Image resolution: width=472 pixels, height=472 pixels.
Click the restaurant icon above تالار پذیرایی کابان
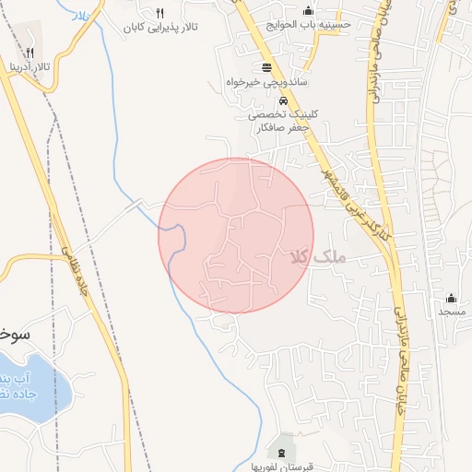point(160,13)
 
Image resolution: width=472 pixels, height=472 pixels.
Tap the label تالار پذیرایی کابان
point(166,29)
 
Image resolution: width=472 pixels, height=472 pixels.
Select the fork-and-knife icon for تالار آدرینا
point(31,53)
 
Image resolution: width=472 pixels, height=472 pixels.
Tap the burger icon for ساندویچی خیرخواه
point(267,67)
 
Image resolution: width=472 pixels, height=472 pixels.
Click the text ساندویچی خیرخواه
point(267,82)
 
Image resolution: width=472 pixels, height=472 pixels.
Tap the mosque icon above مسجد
point(451,298)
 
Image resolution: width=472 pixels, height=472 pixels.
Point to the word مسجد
point(451,313)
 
